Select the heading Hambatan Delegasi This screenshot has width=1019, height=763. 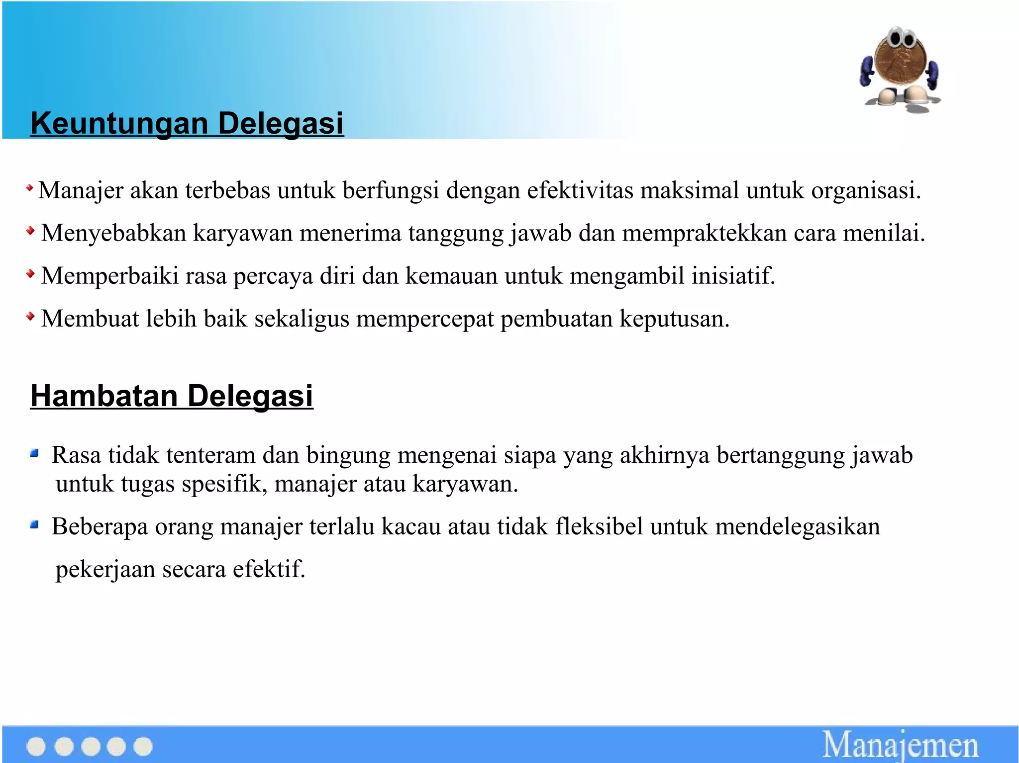point(172,396)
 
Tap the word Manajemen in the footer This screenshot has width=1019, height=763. point(900,745)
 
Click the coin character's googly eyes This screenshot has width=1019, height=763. point(902,39)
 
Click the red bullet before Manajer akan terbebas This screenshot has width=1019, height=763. point(30,188)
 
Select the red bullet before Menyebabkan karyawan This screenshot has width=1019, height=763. point(30,231)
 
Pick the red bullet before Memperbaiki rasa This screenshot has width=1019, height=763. point(30,273)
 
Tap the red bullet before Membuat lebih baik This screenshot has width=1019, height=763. point(30,316)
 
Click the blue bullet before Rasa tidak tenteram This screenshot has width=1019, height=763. point(34,453)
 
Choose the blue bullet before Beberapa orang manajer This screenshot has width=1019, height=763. point(34,524)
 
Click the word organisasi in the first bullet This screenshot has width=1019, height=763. point(866,190)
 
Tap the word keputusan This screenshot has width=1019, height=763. point(674,319)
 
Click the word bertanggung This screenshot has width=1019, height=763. point(779,455)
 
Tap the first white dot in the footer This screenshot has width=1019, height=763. point(36,747)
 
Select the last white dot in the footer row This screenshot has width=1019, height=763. point(143,747)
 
